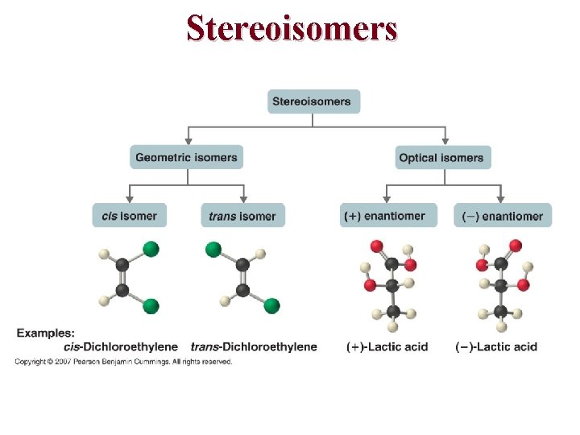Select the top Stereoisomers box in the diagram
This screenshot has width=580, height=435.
click(x=313, y=101)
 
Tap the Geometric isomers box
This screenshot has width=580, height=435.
click(x=186, y=157)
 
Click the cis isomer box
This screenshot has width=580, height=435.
click(x=130, y=215)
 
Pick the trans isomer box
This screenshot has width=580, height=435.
click(x=242, y=215)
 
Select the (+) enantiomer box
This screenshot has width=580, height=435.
click(x=388, y=215)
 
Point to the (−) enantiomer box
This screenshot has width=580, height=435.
click(x=503, y=215)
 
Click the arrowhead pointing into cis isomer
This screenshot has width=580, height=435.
click(x=130, y=199)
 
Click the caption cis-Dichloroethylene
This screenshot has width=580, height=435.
click(x=121, y=346)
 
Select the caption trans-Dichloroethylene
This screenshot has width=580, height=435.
click(x=254, y=346)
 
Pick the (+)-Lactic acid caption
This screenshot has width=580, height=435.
click(x=387, y=346)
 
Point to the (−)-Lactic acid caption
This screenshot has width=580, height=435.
click(x=496, y=346)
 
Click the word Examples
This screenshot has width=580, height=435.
click(x=46, y=333)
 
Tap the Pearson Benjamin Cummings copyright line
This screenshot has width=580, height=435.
click(x=123, y=362)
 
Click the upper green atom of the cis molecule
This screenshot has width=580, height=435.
click(x=151, y=248)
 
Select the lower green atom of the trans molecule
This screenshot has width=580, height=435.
click(x=271, y=305)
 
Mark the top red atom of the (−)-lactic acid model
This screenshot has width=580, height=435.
click(x=515, y=246)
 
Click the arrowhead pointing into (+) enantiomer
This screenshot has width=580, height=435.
click(x=387, y=199)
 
